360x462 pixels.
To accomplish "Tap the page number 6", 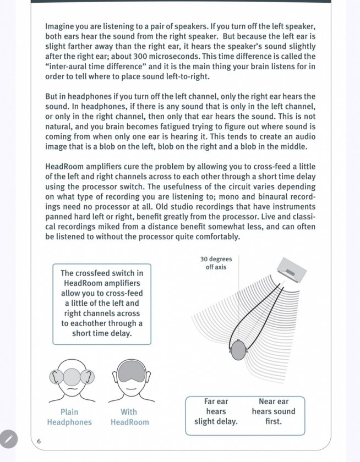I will (39, 441).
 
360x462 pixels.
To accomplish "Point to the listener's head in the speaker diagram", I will (238, 349).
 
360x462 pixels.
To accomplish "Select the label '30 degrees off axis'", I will (216, 263).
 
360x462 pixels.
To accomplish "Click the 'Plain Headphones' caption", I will (69, 417).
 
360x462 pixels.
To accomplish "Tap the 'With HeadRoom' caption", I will (129, 417).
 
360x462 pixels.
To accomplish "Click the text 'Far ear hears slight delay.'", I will (216, 411).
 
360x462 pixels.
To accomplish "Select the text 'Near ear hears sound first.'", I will (274, 411).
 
